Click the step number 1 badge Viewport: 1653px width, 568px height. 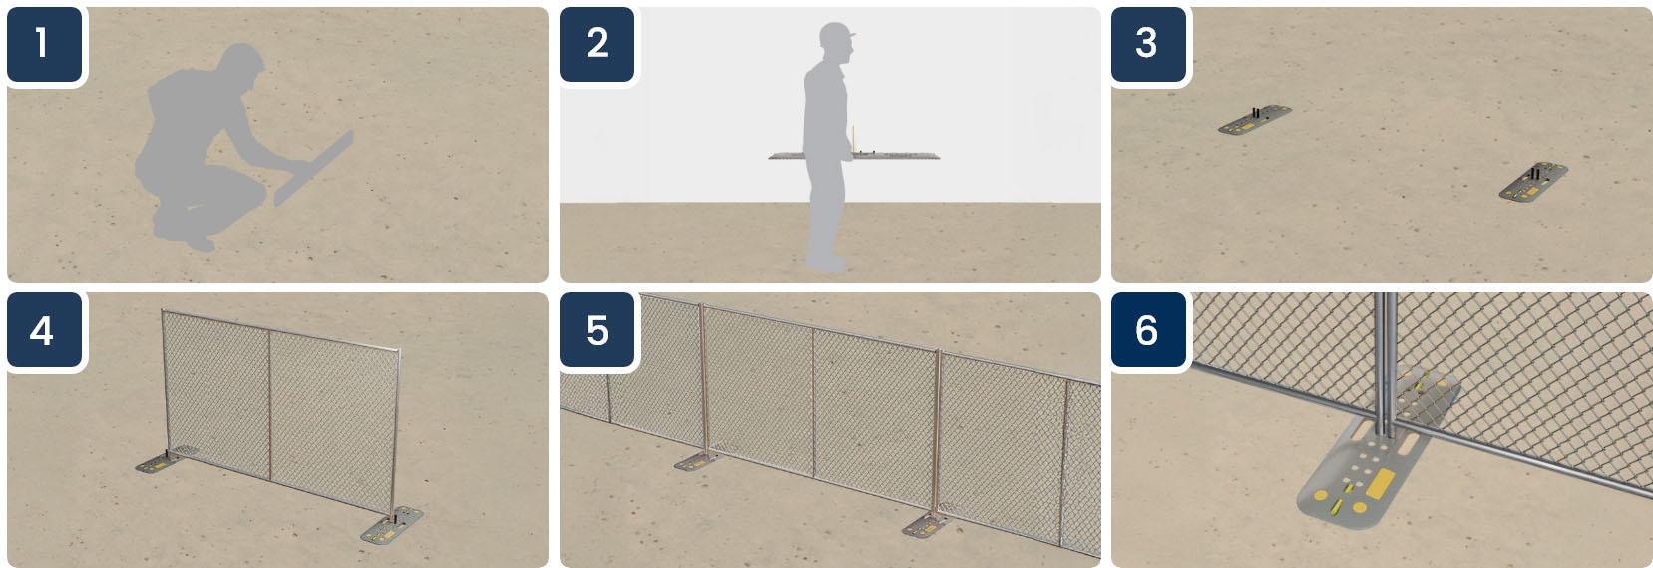tap(44, 44)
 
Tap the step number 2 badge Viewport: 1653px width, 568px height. tap(597, 44)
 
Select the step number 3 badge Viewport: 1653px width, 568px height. tap(1148, 44)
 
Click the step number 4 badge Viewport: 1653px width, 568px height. tap(44, 330)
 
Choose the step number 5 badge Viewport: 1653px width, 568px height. tap(597, 330)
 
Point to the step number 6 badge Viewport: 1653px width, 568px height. tap(1148, 330)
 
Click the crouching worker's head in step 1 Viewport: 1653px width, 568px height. tap(242, 64)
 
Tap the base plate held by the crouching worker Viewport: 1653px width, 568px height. tap(314, 169)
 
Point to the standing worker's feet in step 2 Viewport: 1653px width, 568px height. tap(826, 262)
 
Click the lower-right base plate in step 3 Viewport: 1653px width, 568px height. tap(1533, 182)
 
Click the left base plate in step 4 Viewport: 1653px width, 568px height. tap(161, 462)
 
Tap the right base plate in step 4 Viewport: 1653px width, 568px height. tap(391, 525)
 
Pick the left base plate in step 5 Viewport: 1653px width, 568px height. tap(698, 461)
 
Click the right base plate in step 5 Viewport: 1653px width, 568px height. tap(927, 525)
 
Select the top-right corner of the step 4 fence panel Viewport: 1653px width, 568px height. tap(399, 351)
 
